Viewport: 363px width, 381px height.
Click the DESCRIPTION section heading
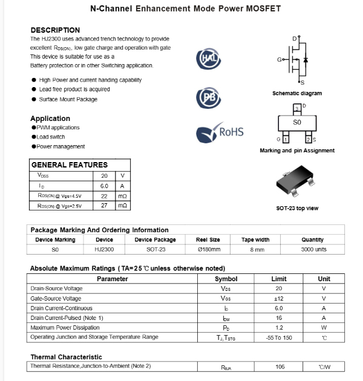[x=55, y=30]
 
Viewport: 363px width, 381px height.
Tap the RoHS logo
[x=220, y=131]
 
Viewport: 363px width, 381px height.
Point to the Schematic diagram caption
[x=297, y=94]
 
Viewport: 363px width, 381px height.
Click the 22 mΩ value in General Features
[x=104, y=196]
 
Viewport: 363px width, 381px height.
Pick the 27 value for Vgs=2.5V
[x=104, y=206]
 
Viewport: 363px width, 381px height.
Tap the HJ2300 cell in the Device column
[x=104, y=249]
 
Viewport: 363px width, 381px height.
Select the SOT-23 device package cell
[x=155, y=249]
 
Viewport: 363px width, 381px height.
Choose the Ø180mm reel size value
[x=209, y=249]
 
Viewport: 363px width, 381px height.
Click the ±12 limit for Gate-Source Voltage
[x=279, y=298]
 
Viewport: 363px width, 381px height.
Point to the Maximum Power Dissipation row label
[x=64, y=327]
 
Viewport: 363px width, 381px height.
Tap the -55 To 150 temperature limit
[x=279, y=337]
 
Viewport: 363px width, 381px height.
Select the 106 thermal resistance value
[x=279, y=366]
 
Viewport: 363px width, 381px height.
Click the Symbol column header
[x=226, y=279]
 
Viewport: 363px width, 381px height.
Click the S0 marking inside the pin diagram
[x=296, y=122]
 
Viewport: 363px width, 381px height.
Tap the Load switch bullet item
[x=49, y=137]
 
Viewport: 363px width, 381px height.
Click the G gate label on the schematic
[x=279, y=60]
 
